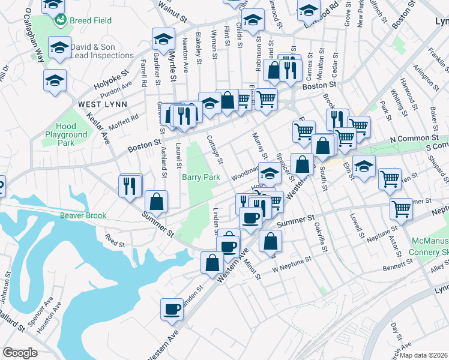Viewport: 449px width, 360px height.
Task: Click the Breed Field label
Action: (x=89, y=21)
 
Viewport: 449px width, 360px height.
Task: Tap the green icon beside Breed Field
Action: (x=61, y=21)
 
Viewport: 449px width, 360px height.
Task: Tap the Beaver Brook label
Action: (x=82, y=215)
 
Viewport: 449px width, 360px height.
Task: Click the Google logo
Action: (x=20, y=353)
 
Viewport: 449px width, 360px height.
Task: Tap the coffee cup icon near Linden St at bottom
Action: (x=172, y=310)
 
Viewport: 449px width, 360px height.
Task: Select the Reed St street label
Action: (x=114, y=244)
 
